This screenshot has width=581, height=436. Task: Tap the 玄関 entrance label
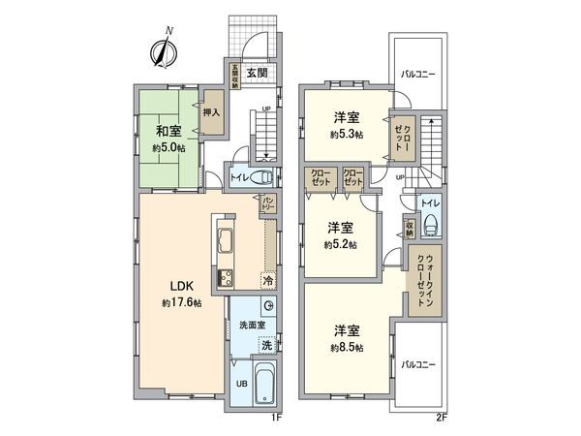point(256,72)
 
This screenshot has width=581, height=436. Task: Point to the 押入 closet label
point(211,113)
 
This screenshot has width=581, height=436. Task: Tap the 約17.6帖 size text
point(182,303)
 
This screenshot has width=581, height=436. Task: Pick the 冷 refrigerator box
point(268,279)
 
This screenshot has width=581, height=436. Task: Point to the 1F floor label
point(276,418)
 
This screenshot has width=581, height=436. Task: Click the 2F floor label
point(442,418)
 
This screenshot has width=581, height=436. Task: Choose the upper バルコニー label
point(418,73)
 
